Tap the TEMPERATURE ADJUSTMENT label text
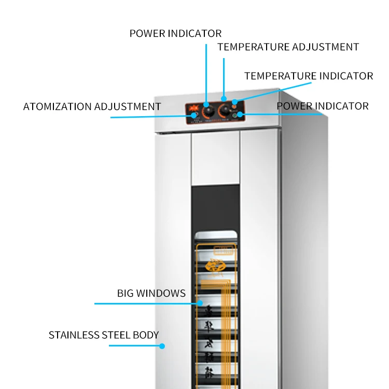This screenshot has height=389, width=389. click(x=288, y=47)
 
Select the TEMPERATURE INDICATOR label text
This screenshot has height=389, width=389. click(x=308, y=76)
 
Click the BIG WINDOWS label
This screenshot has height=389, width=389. click(x=151, y=294)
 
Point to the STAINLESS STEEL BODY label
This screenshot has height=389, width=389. click(x=104, y=335)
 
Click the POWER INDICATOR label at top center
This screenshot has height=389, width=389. click(x=175, y=34)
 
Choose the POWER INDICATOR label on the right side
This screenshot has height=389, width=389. click(x=322, y=106)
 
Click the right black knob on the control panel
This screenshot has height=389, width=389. click(x=225, y=110)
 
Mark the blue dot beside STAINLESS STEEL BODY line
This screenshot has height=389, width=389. click(x=162, y=345)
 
